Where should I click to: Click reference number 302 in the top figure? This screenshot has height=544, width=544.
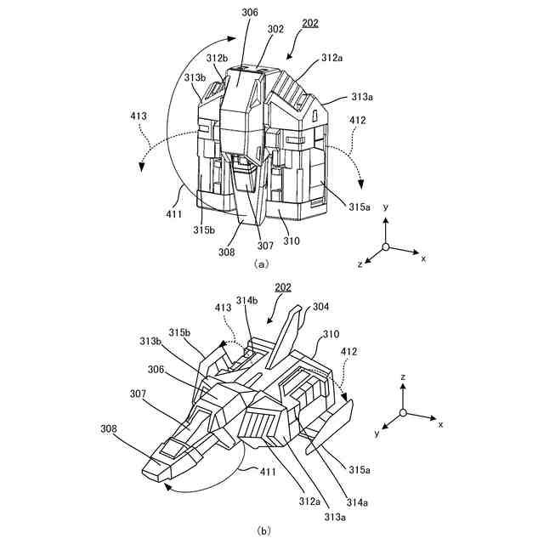point(276,28)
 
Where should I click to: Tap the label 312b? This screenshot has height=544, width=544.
point(217,57)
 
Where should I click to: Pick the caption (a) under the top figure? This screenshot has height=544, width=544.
point(262,263)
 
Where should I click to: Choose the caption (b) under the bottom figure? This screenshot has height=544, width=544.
point(263,531)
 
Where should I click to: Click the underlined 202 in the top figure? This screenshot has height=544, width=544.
point(310,23)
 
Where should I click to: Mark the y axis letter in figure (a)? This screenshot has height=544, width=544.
point(386,207)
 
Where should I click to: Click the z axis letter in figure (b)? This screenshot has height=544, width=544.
point(404,375)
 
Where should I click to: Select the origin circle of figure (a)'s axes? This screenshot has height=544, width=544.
point(385,246)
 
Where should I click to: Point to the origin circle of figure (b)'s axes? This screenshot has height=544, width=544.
point(404,413)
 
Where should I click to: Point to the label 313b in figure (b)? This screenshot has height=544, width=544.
point(150,342)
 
